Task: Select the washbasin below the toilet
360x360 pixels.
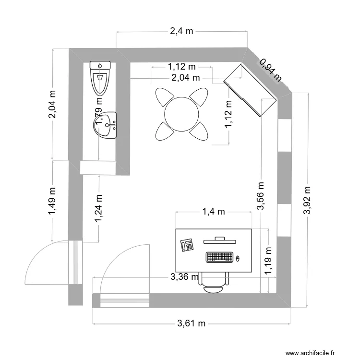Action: click(x=105, y=125)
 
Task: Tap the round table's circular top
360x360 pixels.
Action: click(x=182, y=114)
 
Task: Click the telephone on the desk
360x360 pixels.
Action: click(x=187, y=245)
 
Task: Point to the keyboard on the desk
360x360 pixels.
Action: click(x=219, y=257)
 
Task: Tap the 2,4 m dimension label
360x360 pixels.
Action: click(x=181, y=32)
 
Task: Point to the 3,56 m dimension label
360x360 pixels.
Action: click(x=261, y=196)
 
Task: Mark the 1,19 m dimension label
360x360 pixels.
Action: click(x=268, y=261)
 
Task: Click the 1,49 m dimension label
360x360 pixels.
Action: click(x=52, y=201)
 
